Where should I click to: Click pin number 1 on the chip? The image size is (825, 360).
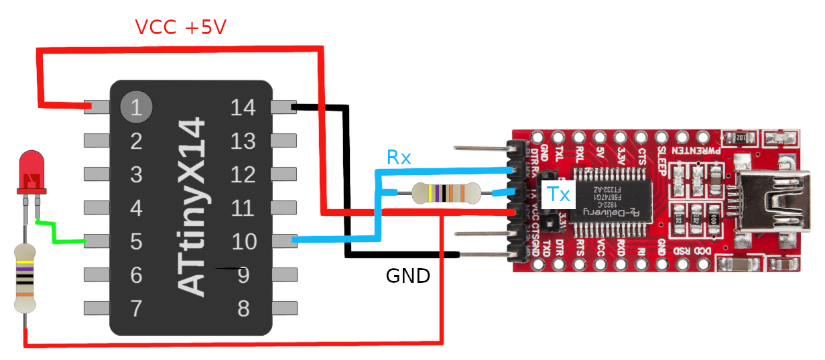pyautogui.click(x=136, y=107)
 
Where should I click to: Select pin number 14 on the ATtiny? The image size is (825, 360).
pyautogui.click(x=243, y=107)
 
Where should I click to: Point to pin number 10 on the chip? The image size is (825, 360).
pyautogui.click(x=243, y=241)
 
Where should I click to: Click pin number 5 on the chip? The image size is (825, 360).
pyautogui.click(x=136, y=241)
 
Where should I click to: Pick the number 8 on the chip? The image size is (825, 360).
pyautogui.click(x=243, y=308)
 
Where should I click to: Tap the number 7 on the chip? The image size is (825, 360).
pyautogui.click(x=136, y=308)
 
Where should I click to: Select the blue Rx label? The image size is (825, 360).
pyautogui.click(x=399, y=158)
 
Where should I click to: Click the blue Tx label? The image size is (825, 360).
pyautogui.click(x=558, y=194)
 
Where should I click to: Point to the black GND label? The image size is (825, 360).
pyautogui.click(x=407, y=276)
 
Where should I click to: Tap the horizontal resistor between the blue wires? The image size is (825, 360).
pyautogui.click(x=446, y=193)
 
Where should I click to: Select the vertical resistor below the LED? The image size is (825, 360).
pyautogui.click(x=25, y=279)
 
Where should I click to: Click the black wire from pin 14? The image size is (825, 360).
pyautogui.click(x=347, y=181)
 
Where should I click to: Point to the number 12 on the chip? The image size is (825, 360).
pyautogui.click(x=243, y=175)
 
